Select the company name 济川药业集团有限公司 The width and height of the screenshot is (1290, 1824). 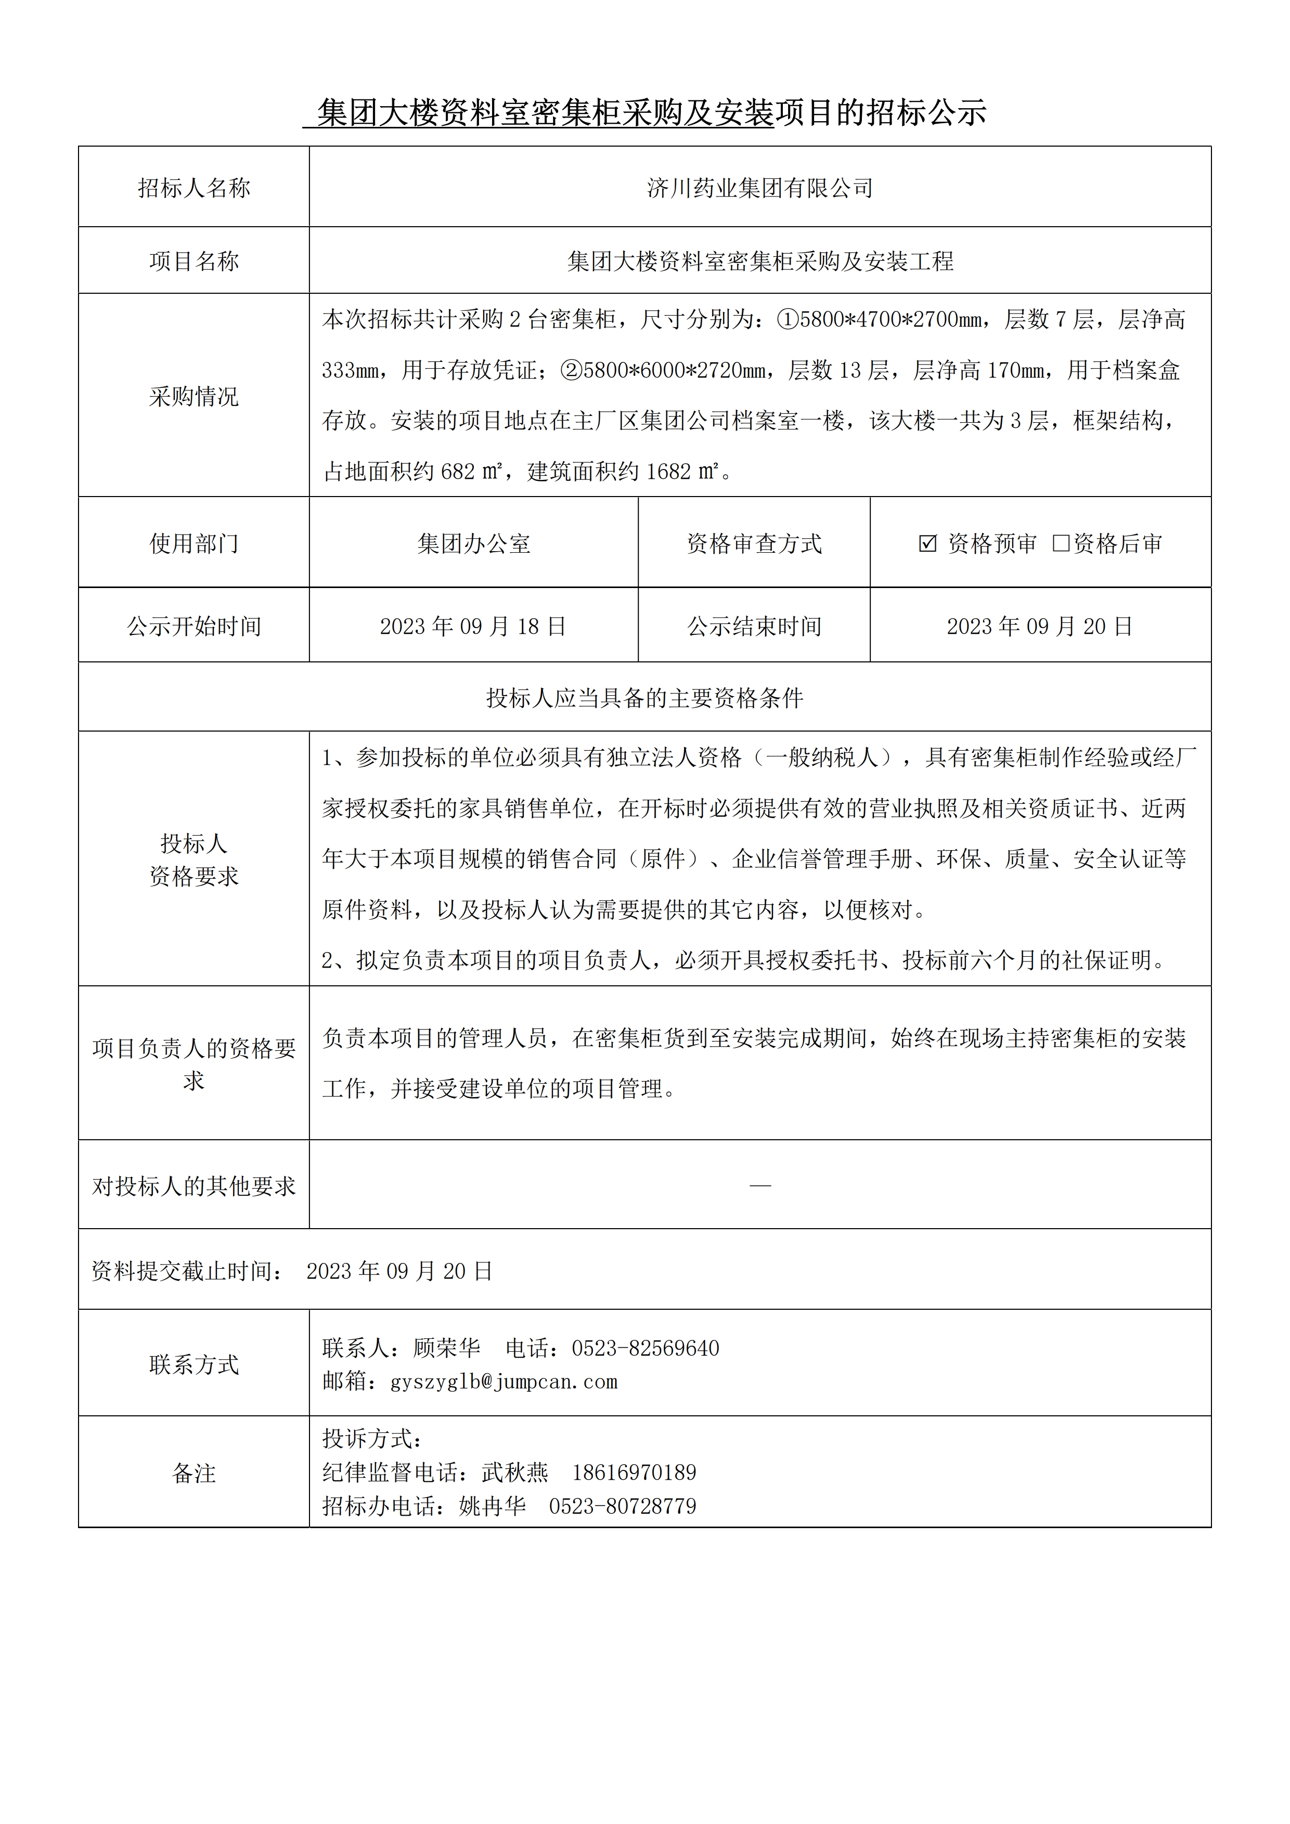pos(760,188)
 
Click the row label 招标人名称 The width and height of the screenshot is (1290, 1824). pos(194,188)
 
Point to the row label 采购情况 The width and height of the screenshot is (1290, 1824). pos(194,396)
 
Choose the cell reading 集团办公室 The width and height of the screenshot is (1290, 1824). pos(474,544)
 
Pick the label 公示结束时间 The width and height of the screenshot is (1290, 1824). pos(754,627)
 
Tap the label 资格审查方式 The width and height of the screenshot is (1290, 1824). pos(754,544)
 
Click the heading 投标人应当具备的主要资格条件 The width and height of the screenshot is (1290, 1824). pos(644,698)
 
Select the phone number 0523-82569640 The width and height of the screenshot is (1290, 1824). pos(646,1348)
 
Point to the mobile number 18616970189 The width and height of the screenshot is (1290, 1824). pos(634,1472)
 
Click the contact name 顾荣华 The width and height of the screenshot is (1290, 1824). pos(447,1348)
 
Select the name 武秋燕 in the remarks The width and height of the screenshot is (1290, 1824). pos(515,1472)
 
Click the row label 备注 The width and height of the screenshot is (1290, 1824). pos(194,1474)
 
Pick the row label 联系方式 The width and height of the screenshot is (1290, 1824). pos(194,1365)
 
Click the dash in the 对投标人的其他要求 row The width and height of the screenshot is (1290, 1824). pos(760,1186)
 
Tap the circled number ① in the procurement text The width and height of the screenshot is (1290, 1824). pos(787,319)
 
